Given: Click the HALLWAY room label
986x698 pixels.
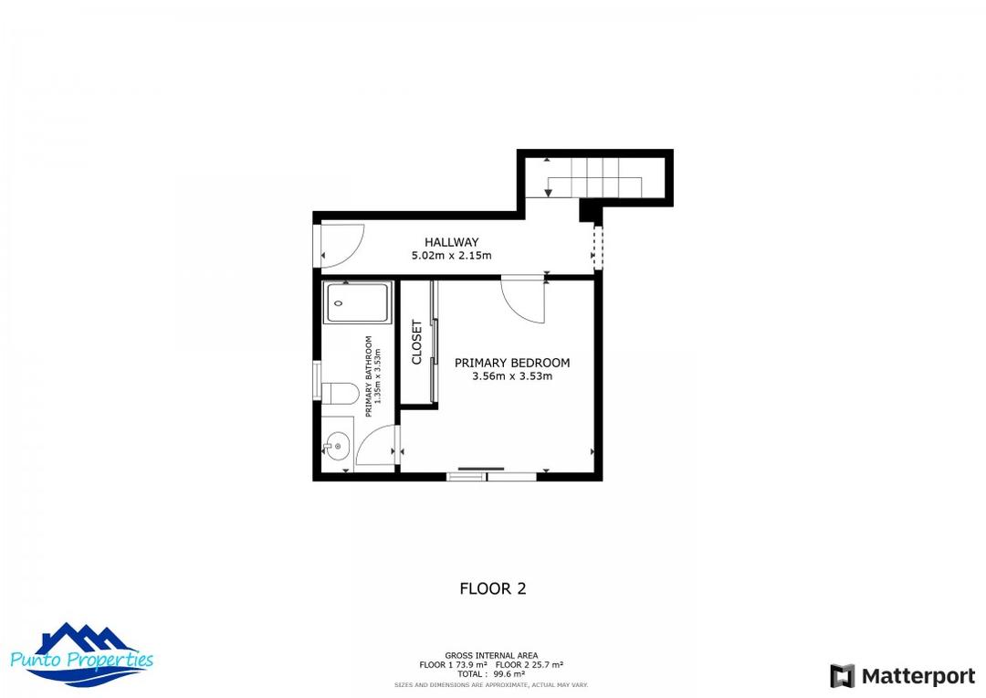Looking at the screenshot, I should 451,242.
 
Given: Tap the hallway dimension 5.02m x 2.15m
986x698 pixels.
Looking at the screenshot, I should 451,256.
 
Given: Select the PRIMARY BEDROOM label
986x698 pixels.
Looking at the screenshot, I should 512,363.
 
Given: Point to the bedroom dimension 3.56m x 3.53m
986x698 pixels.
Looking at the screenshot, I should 512,376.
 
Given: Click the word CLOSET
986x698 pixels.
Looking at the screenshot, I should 417,343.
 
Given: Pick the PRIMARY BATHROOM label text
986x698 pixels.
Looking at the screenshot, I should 369,376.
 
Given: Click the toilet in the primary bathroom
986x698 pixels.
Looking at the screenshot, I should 339,393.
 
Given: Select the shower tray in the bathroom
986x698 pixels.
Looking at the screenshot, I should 358,303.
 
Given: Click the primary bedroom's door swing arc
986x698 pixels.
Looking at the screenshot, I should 524,301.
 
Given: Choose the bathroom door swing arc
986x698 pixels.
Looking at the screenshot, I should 375,447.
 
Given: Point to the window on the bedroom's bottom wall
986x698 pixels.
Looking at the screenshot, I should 492,475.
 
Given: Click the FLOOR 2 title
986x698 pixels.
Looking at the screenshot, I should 493,589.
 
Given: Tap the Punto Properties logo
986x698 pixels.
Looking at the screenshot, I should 82,655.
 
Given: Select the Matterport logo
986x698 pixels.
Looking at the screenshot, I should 902,676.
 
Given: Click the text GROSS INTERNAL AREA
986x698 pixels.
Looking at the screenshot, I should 491,655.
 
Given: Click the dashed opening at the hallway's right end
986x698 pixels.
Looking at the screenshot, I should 598,248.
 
